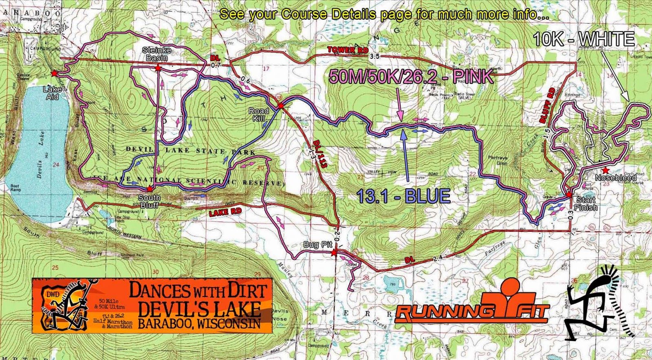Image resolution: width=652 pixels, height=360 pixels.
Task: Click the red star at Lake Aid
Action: pyautogui.click(x=54, y=73)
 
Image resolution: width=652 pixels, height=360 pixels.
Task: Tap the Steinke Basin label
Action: pyautogui.click(x=156, y=54)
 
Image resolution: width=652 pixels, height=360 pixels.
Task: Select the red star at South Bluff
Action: pyautogui.click(x=150, y=189)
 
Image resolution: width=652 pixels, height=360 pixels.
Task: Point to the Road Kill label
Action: pyautogui.click(x=259, y=114)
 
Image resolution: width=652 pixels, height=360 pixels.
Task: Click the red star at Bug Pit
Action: pyautogui.click(x=334, y=253)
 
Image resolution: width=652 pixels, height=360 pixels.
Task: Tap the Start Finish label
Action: pyautogui.click(x=586, y=204)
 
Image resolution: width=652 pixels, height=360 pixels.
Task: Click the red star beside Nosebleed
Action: pyautogui.click(x=606, y=170)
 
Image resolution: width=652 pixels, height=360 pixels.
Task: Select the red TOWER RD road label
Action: pyautogui.click(x=348, y=50)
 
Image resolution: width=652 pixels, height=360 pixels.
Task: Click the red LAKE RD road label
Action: pyautogui.click(x=225, y=212)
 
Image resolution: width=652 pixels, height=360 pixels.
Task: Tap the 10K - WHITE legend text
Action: pyautogui.click(x=584, y=40)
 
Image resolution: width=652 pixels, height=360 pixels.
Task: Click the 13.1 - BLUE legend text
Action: pyautogui.click(x=403, y=196)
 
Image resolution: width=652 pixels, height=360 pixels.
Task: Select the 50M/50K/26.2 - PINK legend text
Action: pyautogui.click(x=411, y=77)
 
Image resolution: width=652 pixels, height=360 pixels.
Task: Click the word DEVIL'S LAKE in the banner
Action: pyautogui.click(x=199, y=309)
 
